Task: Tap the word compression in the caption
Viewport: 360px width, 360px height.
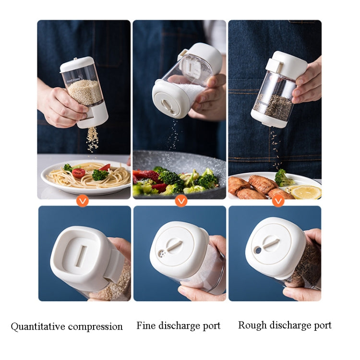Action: (x=95, y=327)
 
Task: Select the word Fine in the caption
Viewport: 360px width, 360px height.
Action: (x=146, y=325)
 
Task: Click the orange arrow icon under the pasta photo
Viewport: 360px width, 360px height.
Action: (x=83, y=202)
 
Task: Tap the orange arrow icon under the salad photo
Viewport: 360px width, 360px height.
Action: (x=181, y=202)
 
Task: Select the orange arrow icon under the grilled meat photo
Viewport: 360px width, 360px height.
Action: (x=278, y=202)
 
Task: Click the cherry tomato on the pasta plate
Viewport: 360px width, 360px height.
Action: (x=78, y=173)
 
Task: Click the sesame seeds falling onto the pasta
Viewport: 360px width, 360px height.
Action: (x=93, y=139)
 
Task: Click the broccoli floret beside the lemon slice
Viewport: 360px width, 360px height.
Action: (x=283, y=179)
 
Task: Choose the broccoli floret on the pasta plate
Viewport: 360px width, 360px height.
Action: (x=100, y=175)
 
